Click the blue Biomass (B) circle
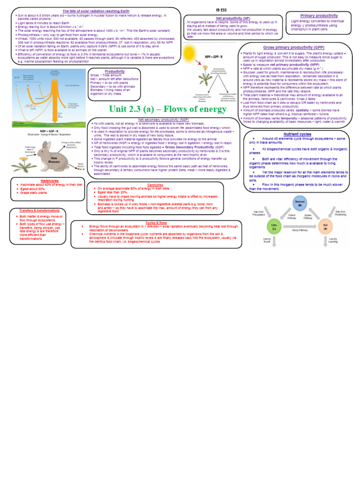coord(298,204)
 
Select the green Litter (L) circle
coord(275,225)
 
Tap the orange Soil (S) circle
coord(325,225)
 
